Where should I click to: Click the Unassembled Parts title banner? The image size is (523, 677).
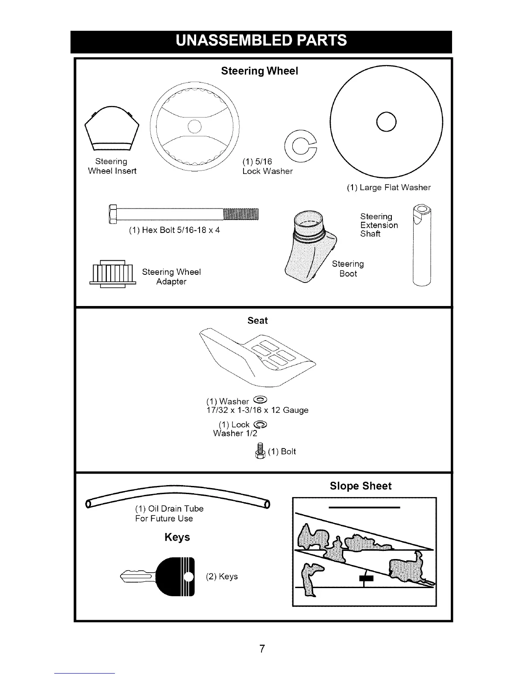coord(261,41)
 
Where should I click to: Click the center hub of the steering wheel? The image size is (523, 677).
coord(194,127)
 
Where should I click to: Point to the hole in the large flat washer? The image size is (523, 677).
coord(386,123)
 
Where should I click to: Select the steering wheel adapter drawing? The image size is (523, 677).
coord(112,274)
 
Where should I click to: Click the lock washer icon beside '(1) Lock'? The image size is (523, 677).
coord(260,424)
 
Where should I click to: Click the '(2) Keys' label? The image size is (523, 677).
coord(221,577)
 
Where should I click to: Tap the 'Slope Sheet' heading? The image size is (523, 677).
coord(360,486)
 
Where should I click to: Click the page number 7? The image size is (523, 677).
coord(262,649)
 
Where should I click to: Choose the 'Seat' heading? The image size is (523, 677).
coord(257,321)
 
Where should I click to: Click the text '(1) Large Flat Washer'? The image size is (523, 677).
coord(388,188)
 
